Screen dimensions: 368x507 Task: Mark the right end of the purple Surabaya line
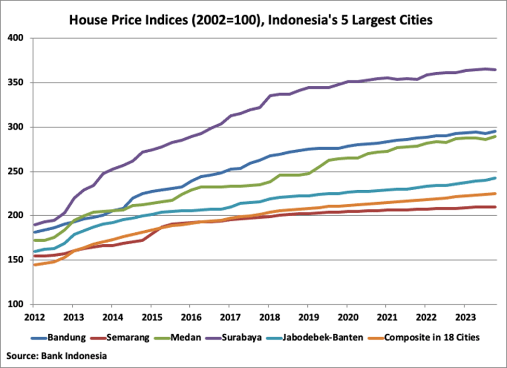(x=495, y=70)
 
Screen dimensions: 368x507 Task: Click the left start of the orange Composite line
(x=33, y=265)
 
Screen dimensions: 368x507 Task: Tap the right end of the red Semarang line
(x=495, y=207)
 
